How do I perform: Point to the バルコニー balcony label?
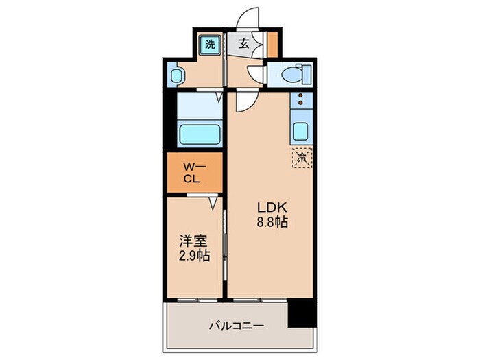pos(236,326)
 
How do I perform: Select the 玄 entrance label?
pos(244,44)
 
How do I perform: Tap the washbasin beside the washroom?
pos(175,75)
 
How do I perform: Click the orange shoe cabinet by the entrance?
pos(272,43)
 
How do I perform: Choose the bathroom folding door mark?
pos(219,97)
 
